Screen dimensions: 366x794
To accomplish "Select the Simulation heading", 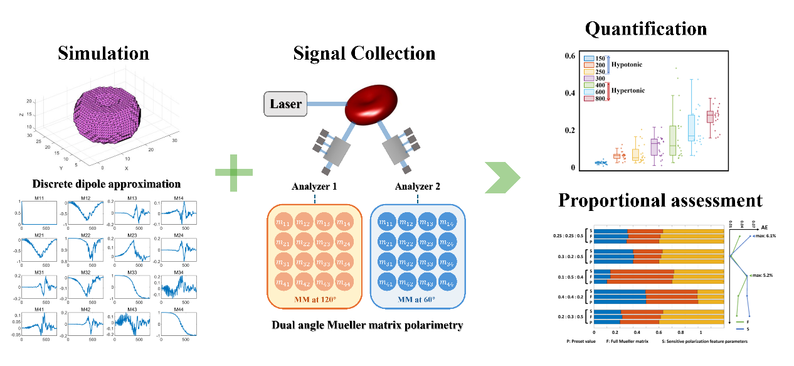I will coord(103,53).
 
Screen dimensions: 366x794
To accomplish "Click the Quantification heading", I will coord(645,28).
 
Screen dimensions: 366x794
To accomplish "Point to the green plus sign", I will coord(233,171).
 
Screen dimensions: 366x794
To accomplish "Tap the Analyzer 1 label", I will coord(314,186).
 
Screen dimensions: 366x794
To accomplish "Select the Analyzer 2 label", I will coord(418,186).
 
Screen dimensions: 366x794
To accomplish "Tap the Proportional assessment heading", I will coord(660,200).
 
